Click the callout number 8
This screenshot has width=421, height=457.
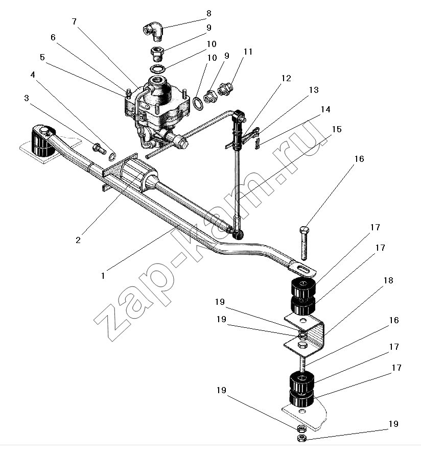[209, 13]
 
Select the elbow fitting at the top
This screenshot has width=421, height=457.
[153, 31]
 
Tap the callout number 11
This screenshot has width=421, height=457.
[248, 52]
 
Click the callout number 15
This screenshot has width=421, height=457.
[337, 129]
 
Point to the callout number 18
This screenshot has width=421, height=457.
[388, 280]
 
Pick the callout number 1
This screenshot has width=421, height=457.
[103, 275]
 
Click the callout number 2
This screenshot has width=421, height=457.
[78, 240]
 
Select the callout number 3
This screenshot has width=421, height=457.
[27, 98]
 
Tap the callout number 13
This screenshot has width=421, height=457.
[314, 90]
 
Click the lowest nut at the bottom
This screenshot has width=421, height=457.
[301, 438]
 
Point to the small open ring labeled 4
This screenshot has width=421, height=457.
[112, 157]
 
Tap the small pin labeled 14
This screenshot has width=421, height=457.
[257, 143]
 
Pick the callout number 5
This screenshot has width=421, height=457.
[42, 57]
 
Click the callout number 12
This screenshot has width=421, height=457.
[286, 78]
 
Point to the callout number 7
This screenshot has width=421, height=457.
[75, 21]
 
